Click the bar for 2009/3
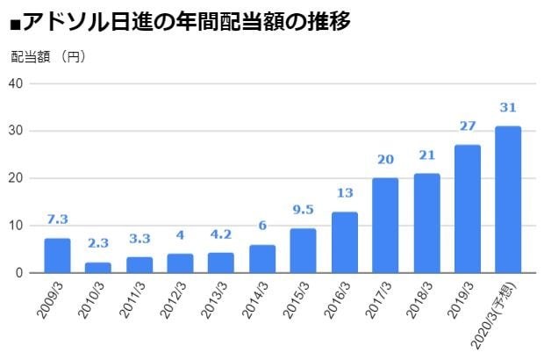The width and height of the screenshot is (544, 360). pos(57,256)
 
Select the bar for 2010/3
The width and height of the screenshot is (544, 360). pos(98,267)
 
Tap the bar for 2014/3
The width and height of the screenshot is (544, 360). pos(262,258)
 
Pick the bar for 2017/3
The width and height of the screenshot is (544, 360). pos(385,226)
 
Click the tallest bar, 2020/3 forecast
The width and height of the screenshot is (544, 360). pos(508,199)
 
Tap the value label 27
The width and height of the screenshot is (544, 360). pos(467,126)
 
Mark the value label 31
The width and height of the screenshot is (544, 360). pos(508,107)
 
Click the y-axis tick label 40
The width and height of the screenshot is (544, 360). pos(16,83)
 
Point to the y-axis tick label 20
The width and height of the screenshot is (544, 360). pos(16,178)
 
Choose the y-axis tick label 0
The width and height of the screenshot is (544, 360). pos(19,273)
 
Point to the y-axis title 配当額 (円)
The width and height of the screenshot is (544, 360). pos(48,57)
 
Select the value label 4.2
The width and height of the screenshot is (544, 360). pos(221,235)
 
